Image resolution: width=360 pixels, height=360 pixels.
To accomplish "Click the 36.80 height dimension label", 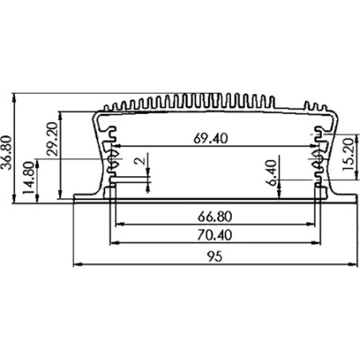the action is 6,152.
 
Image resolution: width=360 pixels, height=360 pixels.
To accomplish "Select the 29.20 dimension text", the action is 52,139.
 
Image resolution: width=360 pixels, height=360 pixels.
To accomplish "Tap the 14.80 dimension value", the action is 29,178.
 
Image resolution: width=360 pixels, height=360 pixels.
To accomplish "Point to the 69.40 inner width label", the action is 210,139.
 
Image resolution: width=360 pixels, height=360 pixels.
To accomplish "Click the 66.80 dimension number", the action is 215,217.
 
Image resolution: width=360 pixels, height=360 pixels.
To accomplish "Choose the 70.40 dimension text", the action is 214,235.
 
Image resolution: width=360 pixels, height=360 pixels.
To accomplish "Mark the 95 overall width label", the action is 214,256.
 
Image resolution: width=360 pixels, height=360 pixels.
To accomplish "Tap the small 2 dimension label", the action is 141,161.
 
